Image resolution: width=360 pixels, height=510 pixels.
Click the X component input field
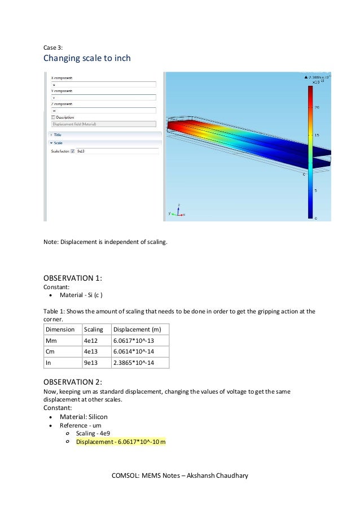tap(103, 84)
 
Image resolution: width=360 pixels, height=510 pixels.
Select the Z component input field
tap(103, 111)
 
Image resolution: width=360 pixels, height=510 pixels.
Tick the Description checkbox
tap(54, 117)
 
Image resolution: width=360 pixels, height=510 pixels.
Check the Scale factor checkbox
tap(72, 151)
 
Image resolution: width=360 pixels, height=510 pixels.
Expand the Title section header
tap(58, 135)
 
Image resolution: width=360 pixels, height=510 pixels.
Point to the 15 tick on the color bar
tap(317, 135)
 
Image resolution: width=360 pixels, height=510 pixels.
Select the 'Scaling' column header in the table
tap(93, 329)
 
